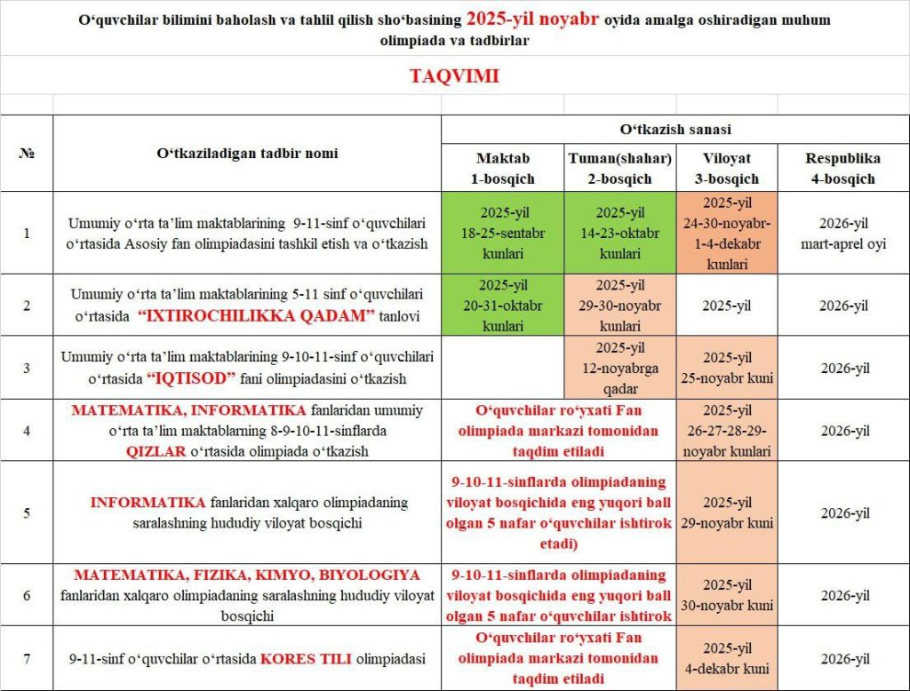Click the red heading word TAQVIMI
click(454, 75)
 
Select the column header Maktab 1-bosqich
click(502, 168)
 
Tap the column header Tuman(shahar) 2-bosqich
click(619, 168)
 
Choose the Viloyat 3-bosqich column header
click(726, 168)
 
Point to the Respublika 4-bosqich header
click(842, 168)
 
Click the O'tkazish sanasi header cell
click(675, 130)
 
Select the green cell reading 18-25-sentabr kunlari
click(502, 233)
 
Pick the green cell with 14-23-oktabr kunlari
click(619, 233)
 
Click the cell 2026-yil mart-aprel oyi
click(842, 233)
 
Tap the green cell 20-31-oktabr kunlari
click(502, 306)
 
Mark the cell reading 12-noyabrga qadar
click(619, 367)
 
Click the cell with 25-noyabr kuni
click(726, 368)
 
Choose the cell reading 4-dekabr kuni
click(726, 659)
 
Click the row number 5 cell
click(26, 512)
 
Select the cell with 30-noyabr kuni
click(726, 595)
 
